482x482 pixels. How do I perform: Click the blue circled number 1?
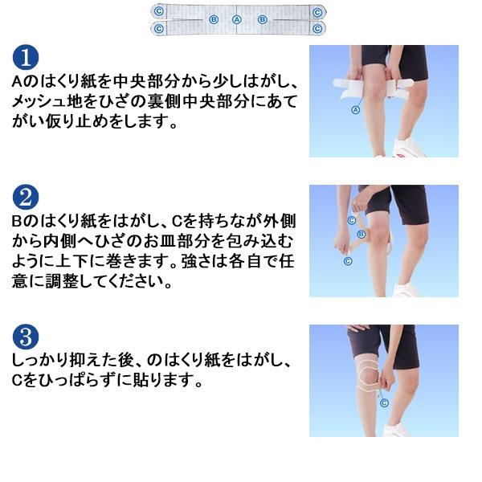[26, 58]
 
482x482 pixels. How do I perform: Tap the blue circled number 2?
[26, 198]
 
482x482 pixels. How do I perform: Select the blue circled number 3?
[26, 337]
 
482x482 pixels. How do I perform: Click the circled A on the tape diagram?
[236, 19]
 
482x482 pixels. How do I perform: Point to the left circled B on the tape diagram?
[214, 19]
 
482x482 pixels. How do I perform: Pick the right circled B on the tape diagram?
[262, 19]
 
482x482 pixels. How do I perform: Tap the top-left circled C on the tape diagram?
[158, 12]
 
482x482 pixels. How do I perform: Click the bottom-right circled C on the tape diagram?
[317, 29]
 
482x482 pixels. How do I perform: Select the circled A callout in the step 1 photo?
[355, 110]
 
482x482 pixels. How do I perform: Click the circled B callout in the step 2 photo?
[361, 235]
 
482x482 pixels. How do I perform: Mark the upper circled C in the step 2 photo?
[351, 220]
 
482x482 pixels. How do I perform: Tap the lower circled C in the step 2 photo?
[348, 261]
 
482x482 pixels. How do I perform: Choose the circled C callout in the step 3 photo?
[384, 402]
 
